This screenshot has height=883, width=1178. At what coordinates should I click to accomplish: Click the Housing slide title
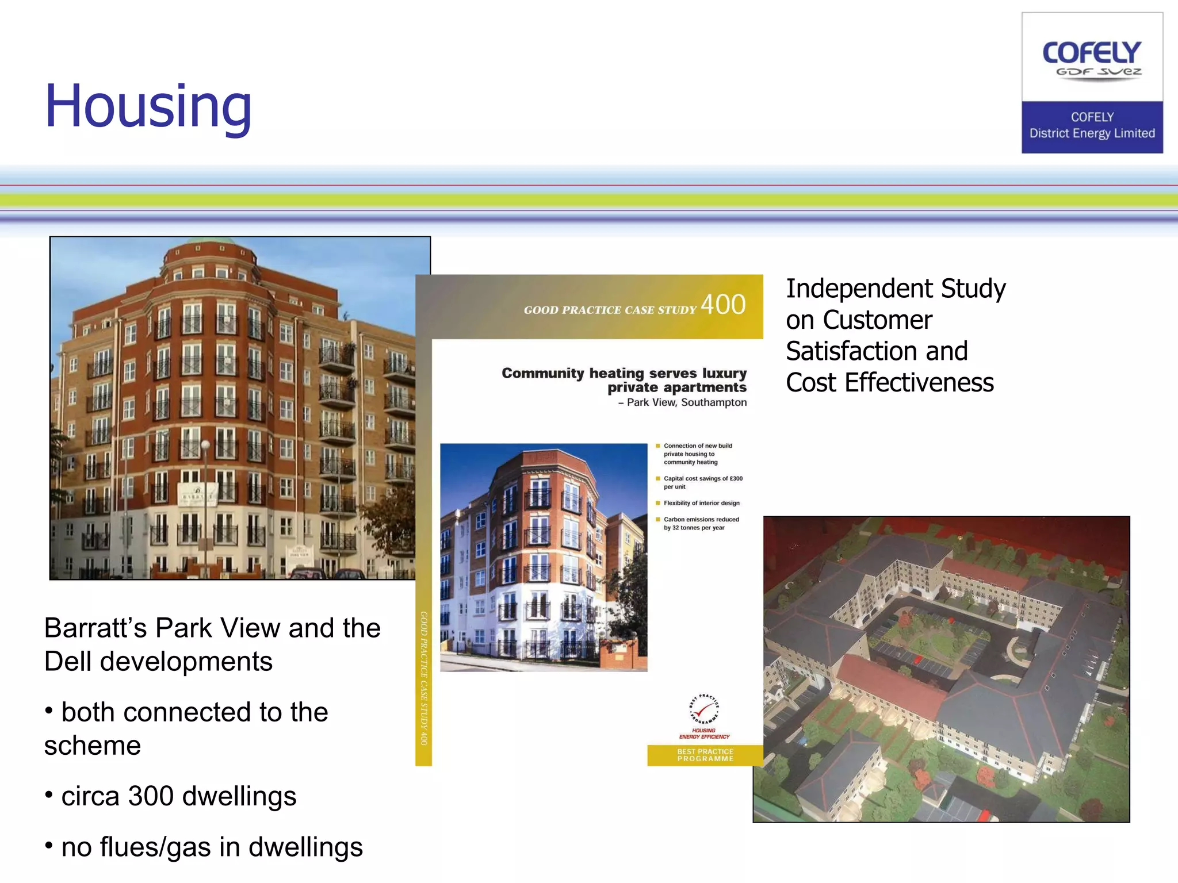pos(148,106)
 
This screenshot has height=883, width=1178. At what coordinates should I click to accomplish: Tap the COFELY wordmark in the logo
pos(1092,53)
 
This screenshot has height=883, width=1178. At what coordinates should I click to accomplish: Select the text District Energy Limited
pos(1092,133)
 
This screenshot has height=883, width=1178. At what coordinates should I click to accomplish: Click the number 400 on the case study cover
pos(723,305)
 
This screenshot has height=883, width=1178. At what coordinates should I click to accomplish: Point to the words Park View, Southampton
pos(686,402)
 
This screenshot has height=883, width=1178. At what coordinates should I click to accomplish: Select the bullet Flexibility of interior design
pos(701,503)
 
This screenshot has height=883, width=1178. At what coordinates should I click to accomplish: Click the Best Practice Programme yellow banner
pos(705,755)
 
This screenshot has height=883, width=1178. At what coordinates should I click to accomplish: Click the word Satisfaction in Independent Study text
pos(876,351)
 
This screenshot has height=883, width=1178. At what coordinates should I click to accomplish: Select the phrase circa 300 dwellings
pos(178,796)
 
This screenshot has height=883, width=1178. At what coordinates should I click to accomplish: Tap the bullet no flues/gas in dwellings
pos(212,847)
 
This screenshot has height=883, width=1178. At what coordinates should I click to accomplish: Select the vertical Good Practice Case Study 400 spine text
pos(423,678)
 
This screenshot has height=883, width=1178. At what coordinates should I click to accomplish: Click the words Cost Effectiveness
pos(889,383)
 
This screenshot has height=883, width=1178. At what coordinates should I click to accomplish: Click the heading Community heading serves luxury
pos(624,373)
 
